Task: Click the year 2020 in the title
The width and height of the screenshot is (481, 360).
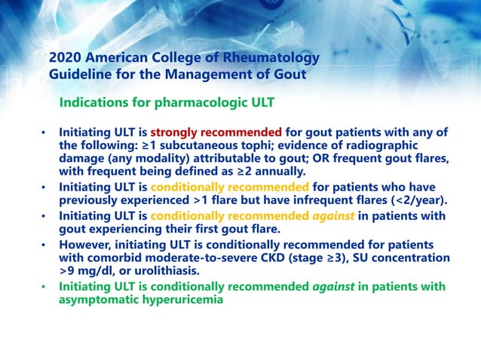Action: (65, 58)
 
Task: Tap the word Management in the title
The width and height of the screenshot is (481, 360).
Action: (200, 75)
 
